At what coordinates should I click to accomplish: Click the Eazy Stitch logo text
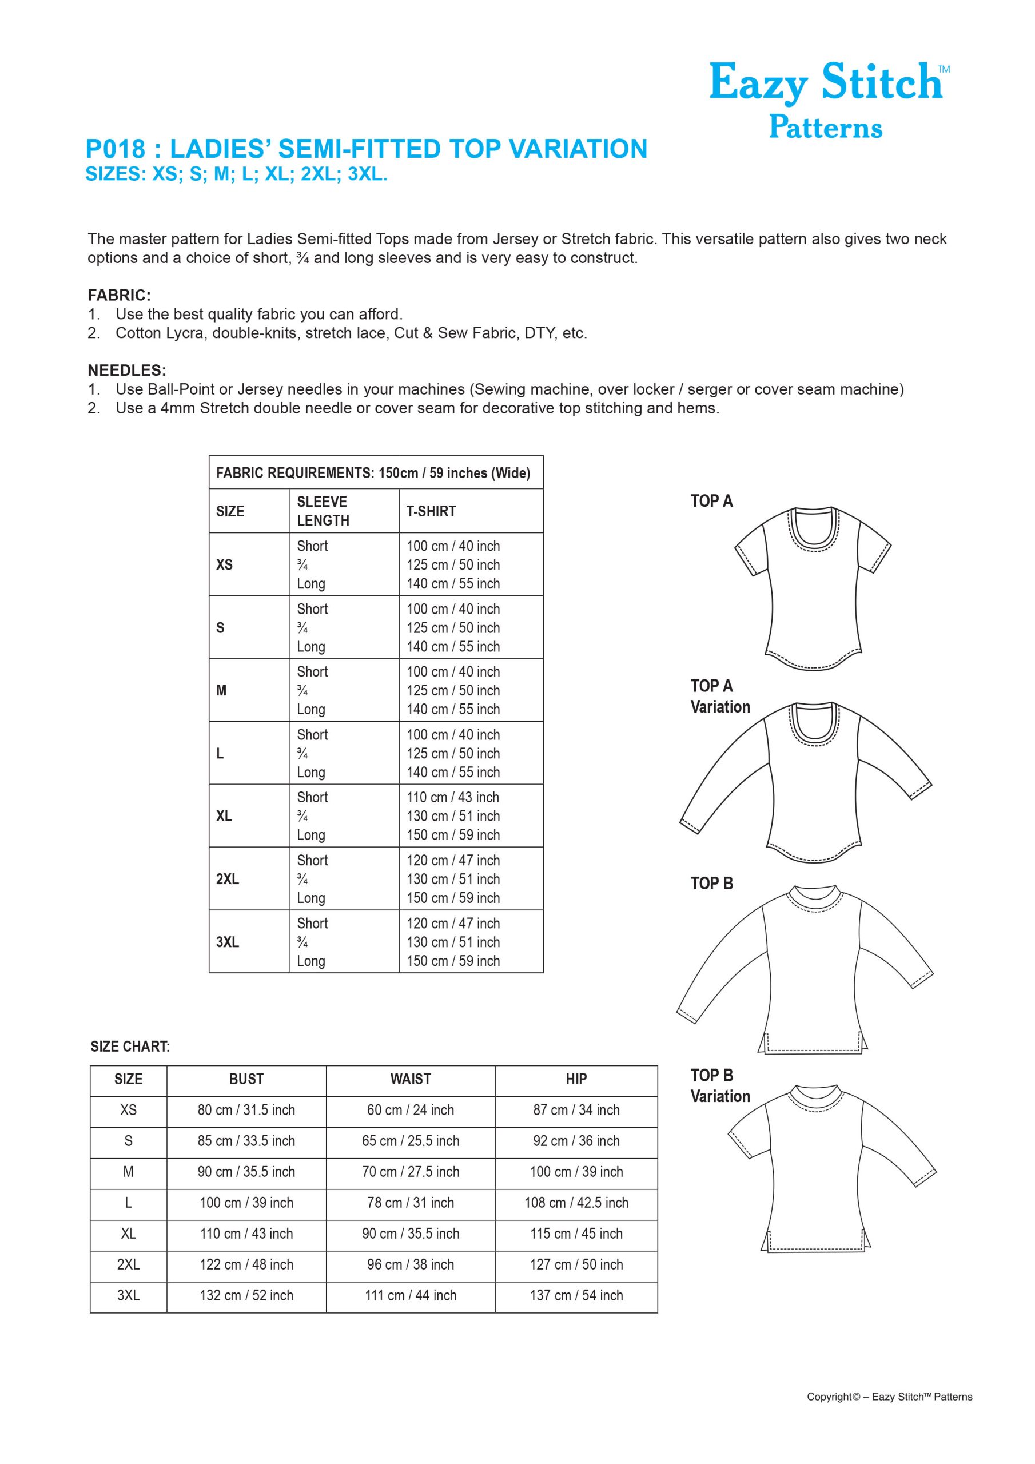[826, 83]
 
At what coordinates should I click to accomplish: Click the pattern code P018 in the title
[116, 149]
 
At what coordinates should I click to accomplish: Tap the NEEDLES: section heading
[127, 371]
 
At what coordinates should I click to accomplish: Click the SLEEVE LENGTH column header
[323, 511]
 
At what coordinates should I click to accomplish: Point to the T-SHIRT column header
[431, 511]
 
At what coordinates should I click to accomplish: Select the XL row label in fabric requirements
[224, 816]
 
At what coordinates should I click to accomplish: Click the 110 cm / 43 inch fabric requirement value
[453, 798]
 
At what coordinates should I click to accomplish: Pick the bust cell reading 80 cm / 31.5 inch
[246, 1110]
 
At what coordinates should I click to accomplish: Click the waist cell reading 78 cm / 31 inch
[410, 1203]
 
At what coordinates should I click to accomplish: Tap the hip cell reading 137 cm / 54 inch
[576, 1296]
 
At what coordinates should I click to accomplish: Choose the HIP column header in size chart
[576, 1079]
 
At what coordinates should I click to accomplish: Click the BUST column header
[246, 1079]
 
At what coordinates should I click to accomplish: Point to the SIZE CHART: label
[130, 1047]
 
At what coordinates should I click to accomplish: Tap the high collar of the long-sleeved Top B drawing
[813, 897]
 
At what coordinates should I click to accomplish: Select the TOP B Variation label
[720, 1086]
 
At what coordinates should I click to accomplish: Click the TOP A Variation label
[720, 697]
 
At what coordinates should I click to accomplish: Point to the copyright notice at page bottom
[889, 1397]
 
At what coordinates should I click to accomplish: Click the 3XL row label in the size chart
[128, 1296]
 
